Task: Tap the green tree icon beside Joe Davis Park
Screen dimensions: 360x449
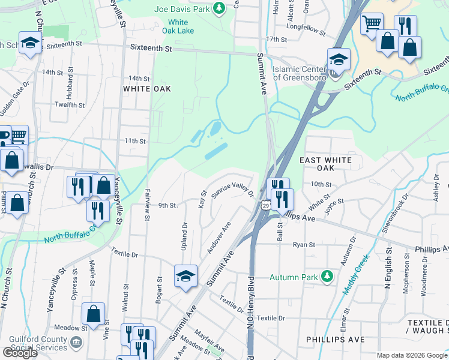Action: click(x=220, y=8)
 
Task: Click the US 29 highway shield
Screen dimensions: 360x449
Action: click(x=265, y=206)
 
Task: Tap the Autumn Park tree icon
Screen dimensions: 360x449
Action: click(x=327, y=277)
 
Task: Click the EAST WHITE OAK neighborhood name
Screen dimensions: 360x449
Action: click(x=330, y=165)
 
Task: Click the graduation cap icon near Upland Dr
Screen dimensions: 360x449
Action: click(x=186, y=275)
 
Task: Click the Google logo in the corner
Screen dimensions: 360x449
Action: click(x=20, y=353)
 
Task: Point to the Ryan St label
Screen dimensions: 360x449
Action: click(x=304, y=245)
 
